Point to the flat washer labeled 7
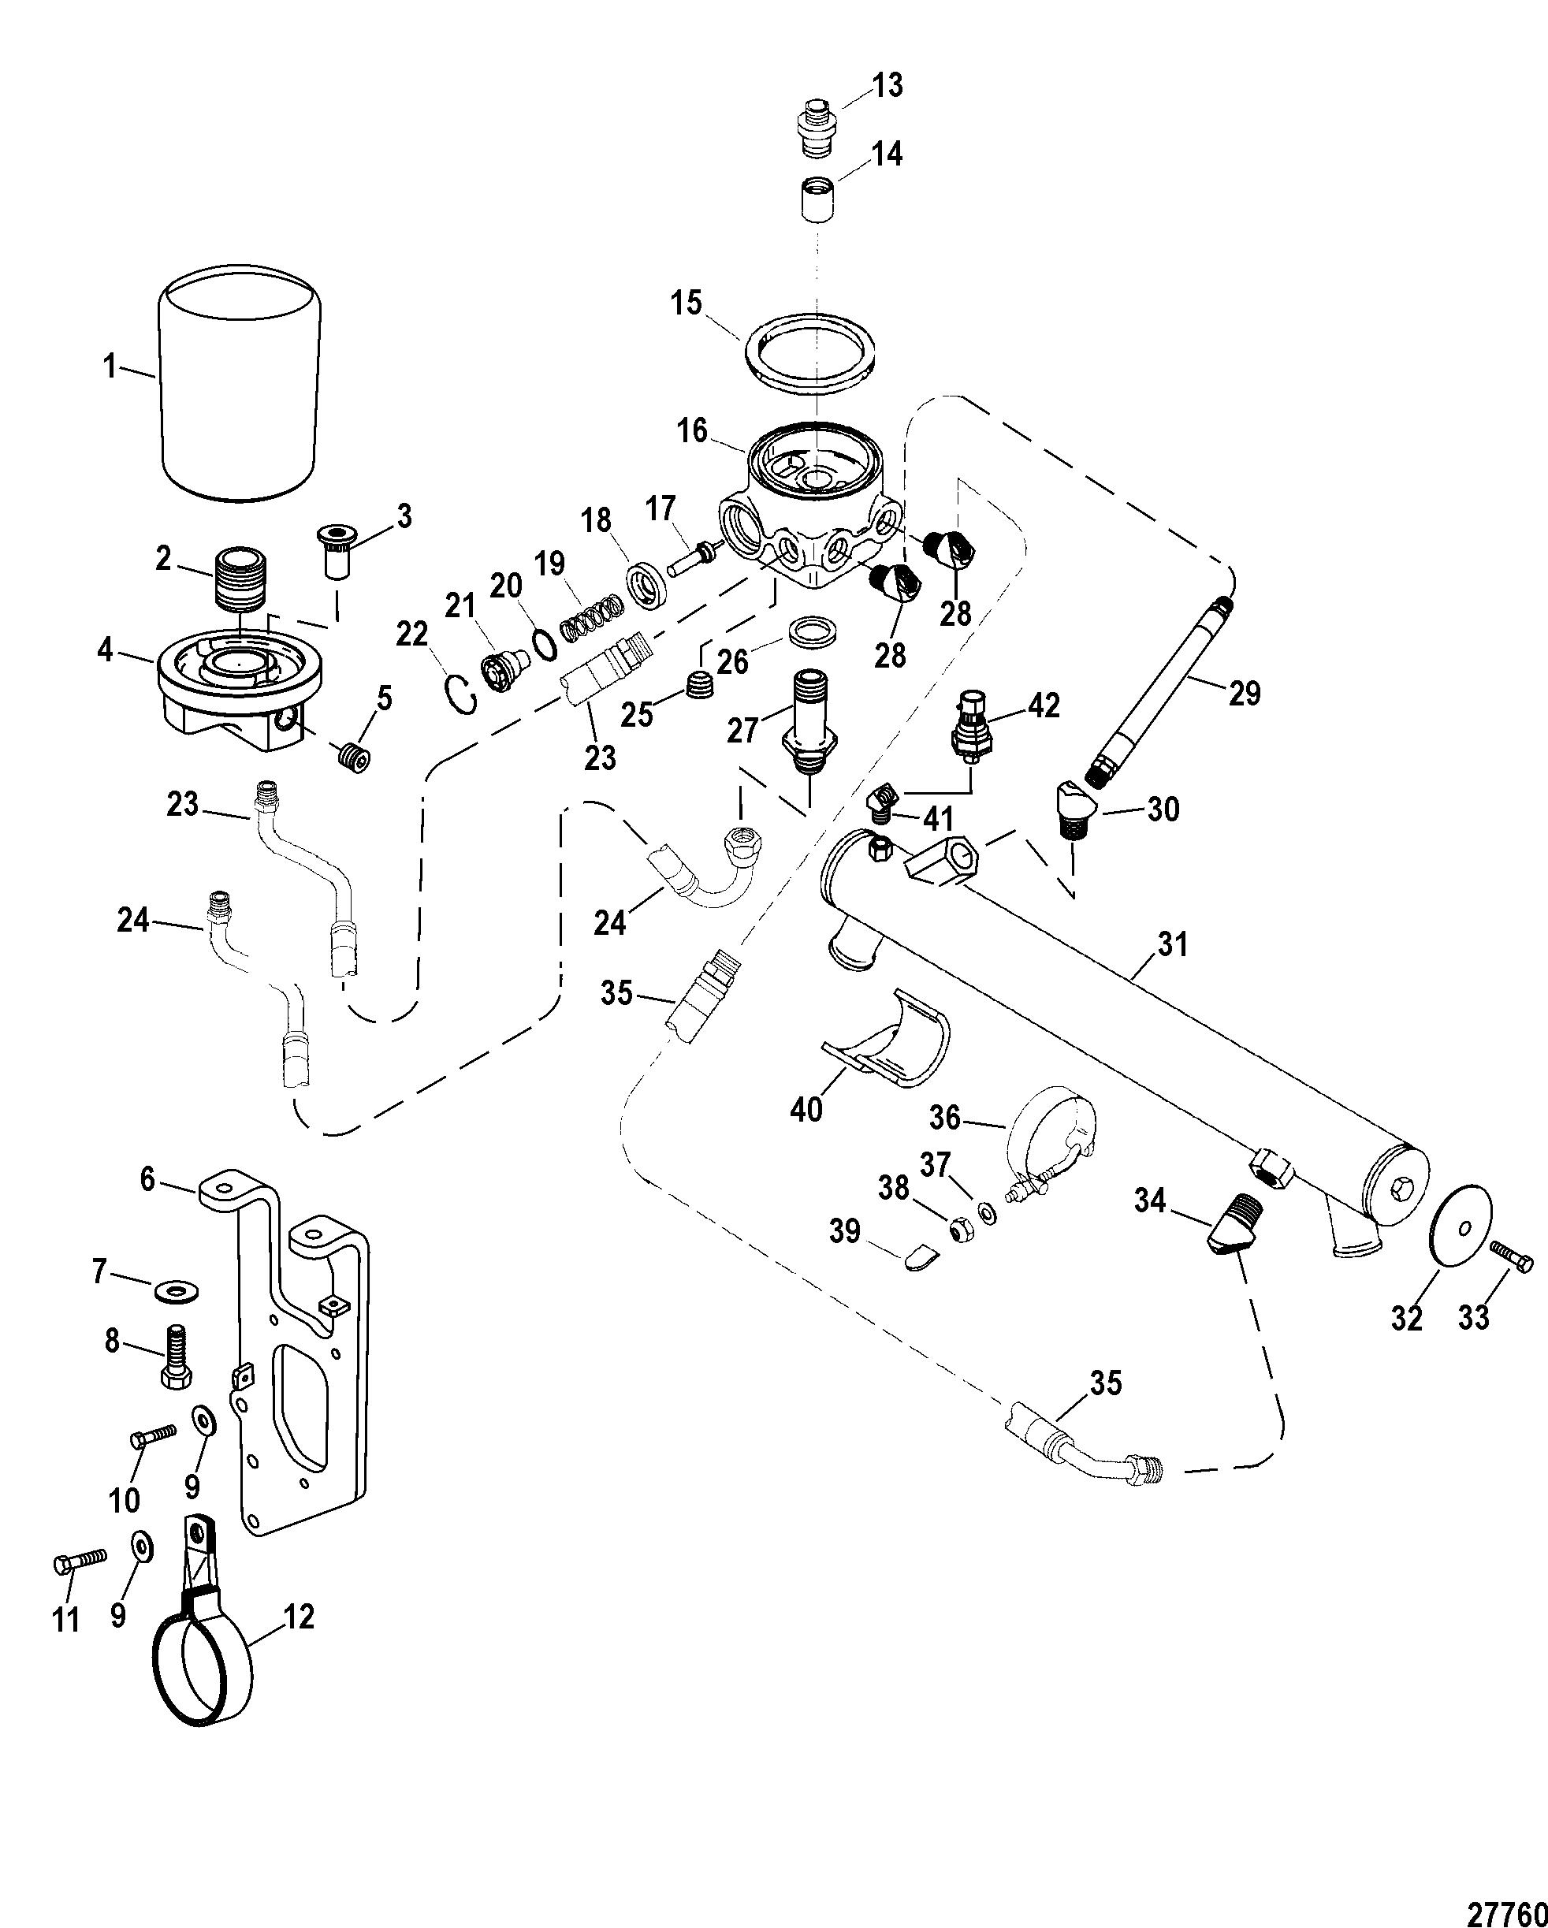pos(177,1291)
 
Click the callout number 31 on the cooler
pos(1172,943)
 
